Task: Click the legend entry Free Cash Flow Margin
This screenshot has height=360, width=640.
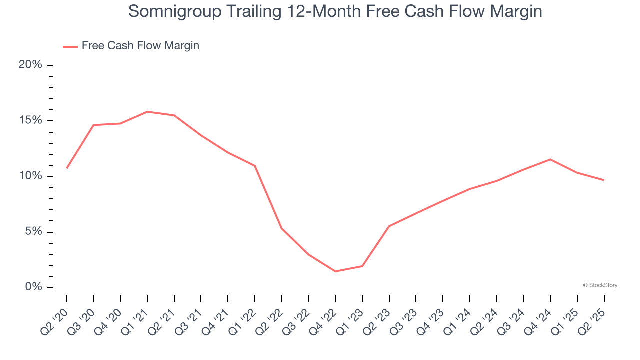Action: [x=140, y=46]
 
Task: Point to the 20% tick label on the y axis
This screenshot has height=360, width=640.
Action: [x=30, y=65]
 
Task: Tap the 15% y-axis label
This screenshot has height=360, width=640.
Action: [x=30, y=121]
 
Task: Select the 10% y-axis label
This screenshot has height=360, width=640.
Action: [x=30, y=176]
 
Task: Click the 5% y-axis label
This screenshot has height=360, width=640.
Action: [x=33, y=232]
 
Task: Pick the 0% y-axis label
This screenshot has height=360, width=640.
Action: [x=33, y=287]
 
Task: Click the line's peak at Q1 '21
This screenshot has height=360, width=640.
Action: [x=147, y=112]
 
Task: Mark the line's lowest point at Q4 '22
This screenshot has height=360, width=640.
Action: [x=335, y=271]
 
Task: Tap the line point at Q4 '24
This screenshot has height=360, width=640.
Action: [x=550, y=159]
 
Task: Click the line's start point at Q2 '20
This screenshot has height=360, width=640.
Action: [x=67, y=168]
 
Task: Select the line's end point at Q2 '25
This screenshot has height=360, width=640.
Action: [x=604, y=180]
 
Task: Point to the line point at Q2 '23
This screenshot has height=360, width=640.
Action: [x=389, y=226]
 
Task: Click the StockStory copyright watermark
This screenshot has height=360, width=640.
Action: [x=600, y=285]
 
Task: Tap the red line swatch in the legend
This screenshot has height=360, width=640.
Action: [x=70, y=46]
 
